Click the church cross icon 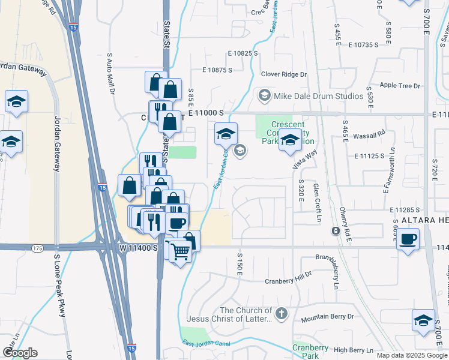(x=281, y=313)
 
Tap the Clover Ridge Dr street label (x=283, y=74)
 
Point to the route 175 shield (x=37, y=247)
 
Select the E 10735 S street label (x=361, y=44)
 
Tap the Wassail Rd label (x=373, y=133)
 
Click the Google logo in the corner (x=19, y=352)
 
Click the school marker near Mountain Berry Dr (x=423, y=321)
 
